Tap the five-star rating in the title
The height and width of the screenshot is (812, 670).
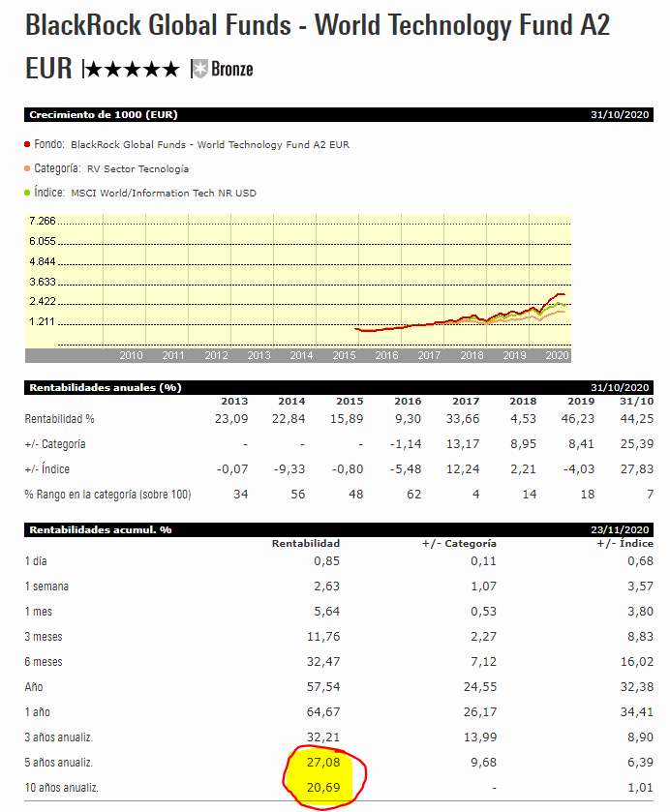click(x=132, y=69)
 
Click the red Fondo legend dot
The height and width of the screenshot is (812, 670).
click(x=26, y=144)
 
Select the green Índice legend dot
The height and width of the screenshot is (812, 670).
click(x=26, y=193)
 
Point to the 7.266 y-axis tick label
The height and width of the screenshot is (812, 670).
click(x=43, y=222)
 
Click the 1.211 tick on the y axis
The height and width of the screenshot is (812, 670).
click(x=43, y=321)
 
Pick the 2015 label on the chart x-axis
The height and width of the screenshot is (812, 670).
click(x=344, y=355)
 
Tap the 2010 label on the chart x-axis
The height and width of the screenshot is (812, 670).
click(x=131, y=355)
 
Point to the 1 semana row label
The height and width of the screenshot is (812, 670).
click(x=46, y=586)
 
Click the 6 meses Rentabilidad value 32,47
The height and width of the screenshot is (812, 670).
click(x=322, y=661)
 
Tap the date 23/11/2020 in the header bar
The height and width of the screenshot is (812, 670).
click(x=623, y=529)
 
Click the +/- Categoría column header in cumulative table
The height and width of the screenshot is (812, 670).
click(x=459, y=543)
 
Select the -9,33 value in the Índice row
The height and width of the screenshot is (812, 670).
click(x=290, y=469)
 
